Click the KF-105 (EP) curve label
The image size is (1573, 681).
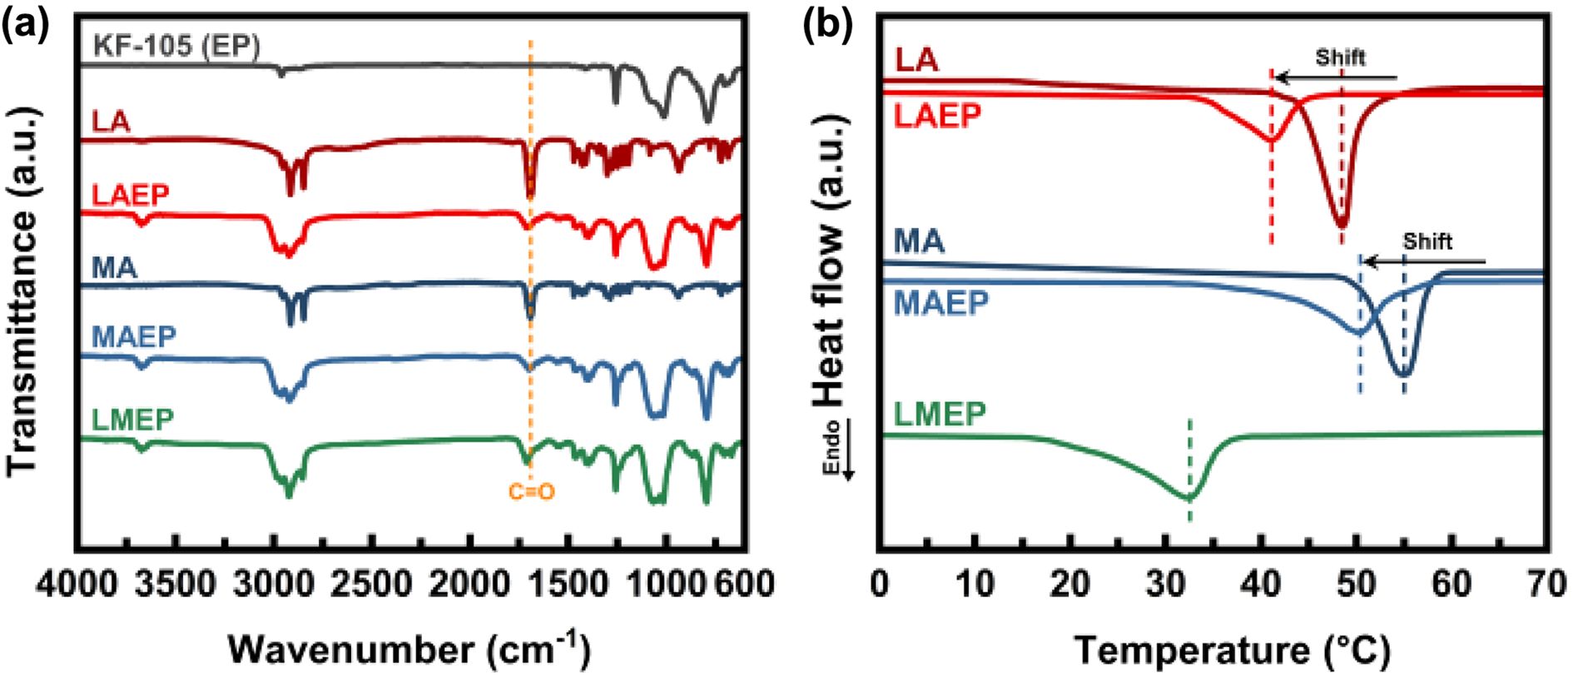[172, 45]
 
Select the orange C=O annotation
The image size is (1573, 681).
[532, 492]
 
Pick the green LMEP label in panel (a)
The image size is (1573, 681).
[132, 420]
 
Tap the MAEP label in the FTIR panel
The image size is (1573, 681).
[134, 336]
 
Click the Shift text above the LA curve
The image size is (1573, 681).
[1340, 57]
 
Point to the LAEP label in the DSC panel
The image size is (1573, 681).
[937, 116]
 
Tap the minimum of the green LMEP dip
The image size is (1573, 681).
[1189, 498]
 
